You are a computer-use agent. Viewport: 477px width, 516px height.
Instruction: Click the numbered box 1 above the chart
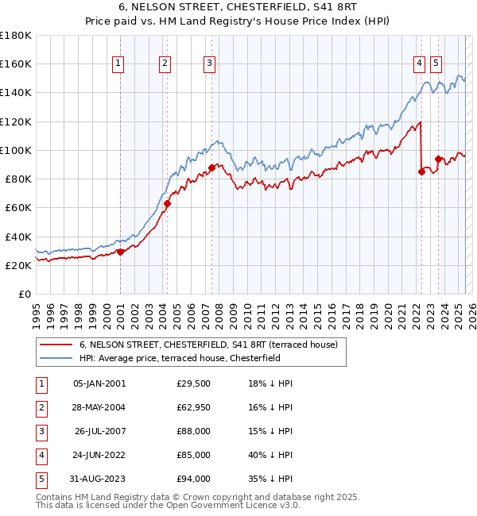point(118,64)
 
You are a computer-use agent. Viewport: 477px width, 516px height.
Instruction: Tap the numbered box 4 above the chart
point(419,64)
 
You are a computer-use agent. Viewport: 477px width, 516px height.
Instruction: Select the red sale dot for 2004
point(168,204)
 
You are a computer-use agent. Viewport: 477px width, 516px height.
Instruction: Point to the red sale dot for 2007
point(212,168)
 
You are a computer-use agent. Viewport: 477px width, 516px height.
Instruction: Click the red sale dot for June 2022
point(421,171)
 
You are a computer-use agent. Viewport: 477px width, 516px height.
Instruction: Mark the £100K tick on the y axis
point(33,150)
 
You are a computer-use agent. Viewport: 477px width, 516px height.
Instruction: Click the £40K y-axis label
point(17,237)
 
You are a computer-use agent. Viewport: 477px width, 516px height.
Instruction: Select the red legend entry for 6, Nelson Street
point(208,345)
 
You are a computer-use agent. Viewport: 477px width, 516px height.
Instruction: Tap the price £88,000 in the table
point(194,433)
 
